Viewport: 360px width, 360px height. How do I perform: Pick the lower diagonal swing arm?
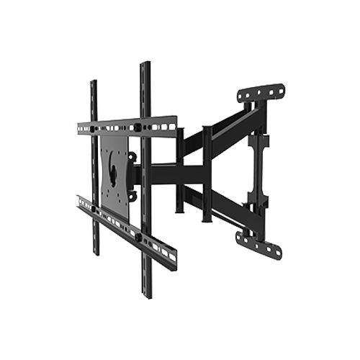pyautogui.click(x=216, y=209)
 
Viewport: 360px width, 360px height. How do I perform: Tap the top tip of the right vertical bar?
pyautogui.click(x=145, y=66)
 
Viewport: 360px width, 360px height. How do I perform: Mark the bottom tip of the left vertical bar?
pyautogui.click(x=94, y=253)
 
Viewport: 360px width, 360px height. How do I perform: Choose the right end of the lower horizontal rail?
pyautogui.click(x=174, y=260)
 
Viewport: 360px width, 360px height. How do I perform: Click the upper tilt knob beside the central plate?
pyautogui.click(x=132, y=156)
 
